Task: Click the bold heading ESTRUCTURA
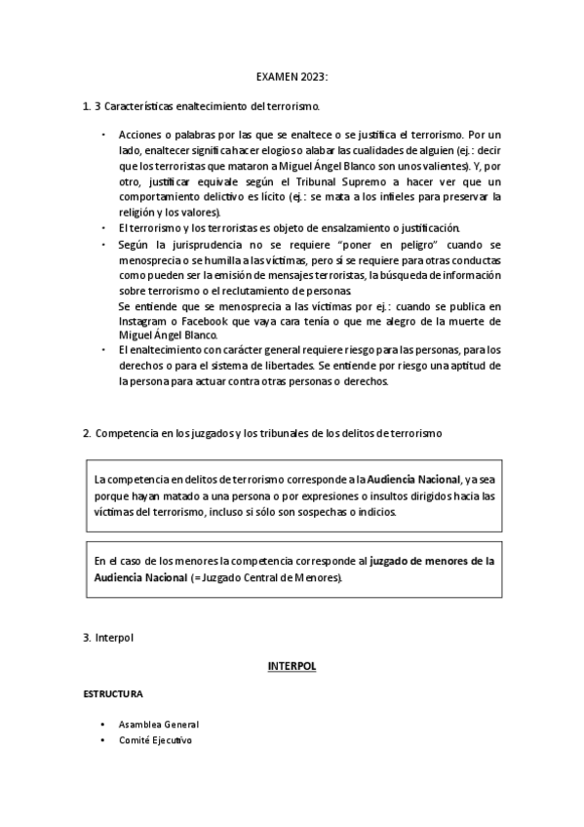(x=113, y=694)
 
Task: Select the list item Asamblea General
(x=158, y=725)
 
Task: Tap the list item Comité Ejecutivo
(x=155, y=740)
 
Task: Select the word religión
(x=138, y=212)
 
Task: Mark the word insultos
(x=392, y=496)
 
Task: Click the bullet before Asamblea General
(x=102, y=725)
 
